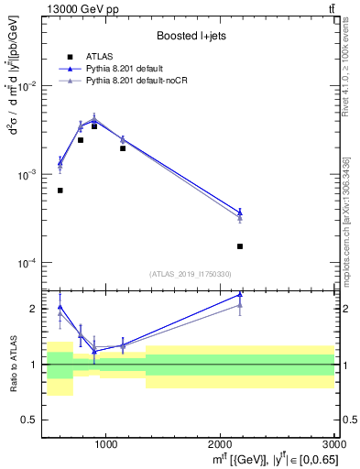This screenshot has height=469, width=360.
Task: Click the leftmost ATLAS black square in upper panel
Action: (60, 191)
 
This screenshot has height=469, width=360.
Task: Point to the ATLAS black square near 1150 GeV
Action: (123, 147)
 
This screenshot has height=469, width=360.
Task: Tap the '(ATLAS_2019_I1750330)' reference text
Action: (191, 273)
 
